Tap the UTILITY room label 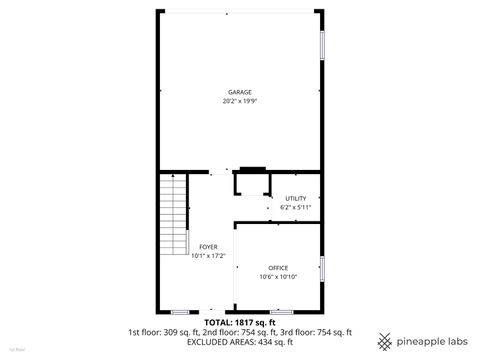(x=295, y=198)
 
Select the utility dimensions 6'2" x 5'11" (x=295, y=207)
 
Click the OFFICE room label (x=278, y=268)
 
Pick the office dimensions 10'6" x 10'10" (x=278, y=276)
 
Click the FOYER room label (x=208, y=246)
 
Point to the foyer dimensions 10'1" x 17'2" (x=208, y=255)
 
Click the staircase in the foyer (x=174, y=216)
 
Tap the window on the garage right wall (x=322, y=45)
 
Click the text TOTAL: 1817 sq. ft (x=239, y=323)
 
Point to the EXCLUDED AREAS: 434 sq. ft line (x=239, y=341)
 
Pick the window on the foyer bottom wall (x=179, y=311)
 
